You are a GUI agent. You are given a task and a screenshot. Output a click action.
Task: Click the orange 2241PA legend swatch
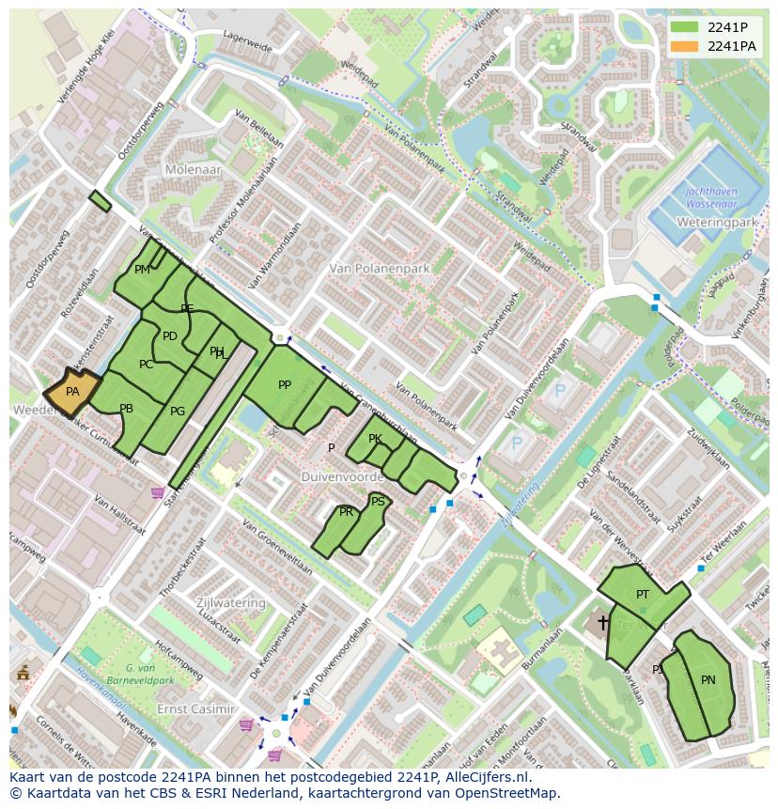pos(685,46)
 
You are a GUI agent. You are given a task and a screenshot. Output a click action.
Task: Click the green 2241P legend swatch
pos(685,27)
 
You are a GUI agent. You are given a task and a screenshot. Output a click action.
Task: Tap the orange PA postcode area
pos(72,393)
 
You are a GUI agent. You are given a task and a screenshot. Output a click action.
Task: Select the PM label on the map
pos(142,270)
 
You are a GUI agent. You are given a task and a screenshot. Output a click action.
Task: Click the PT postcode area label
pos(643,595)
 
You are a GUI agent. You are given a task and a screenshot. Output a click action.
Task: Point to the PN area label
pos(708,680)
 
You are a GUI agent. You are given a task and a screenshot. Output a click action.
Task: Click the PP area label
pos(285,385)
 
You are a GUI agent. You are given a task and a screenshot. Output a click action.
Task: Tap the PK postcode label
pos(375,439)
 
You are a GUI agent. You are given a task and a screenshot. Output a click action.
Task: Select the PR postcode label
pos(347,512)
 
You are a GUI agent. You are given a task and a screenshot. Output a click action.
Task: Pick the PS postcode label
pos(378,502)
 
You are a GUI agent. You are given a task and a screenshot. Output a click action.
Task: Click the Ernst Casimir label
pos(195,708)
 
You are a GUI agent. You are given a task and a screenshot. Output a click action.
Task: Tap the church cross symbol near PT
pos(603,622)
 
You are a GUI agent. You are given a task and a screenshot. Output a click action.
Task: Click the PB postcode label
pos(127,409)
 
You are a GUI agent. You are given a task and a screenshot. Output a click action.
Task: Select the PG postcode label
pos(178,412)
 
